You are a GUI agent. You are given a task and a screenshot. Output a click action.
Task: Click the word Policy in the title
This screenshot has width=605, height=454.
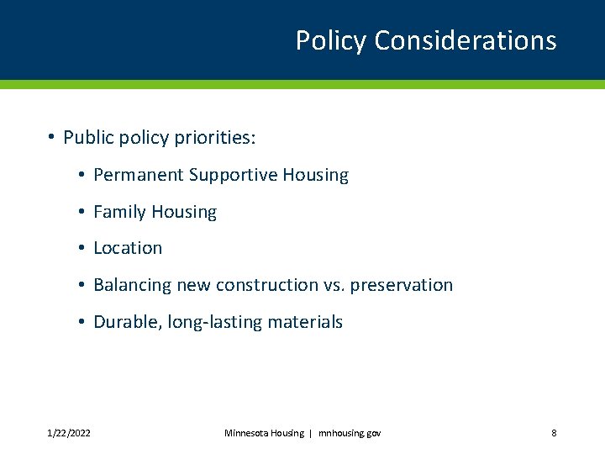click(x=331, y=40)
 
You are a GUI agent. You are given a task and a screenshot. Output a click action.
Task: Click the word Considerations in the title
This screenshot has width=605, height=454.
click(x=466, y=40)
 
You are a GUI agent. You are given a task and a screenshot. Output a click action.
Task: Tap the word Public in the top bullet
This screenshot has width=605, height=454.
click(x=88, y=138)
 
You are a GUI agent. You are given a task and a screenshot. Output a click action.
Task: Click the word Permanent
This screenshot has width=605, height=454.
click(x=139, y=175)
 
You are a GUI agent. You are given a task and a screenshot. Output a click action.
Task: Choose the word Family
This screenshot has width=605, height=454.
click(x=118, y=212)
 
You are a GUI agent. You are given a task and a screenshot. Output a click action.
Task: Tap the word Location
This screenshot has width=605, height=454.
click(x=128, y=248)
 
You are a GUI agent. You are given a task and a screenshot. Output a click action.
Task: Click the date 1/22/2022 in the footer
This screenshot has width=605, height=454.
click(x=70, y=433)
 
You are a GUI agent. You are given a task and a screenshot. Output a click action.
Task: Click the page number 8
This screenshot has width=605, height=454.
click(x=554, y=433)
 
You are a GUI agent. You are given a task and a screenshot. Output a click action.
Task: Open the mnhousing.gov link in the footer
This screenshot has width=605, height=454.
click(x=350, y=433)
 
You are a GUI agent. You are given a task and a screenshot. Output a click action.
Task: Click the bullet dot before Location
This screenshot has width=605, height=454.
click(x=81, y=249)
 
